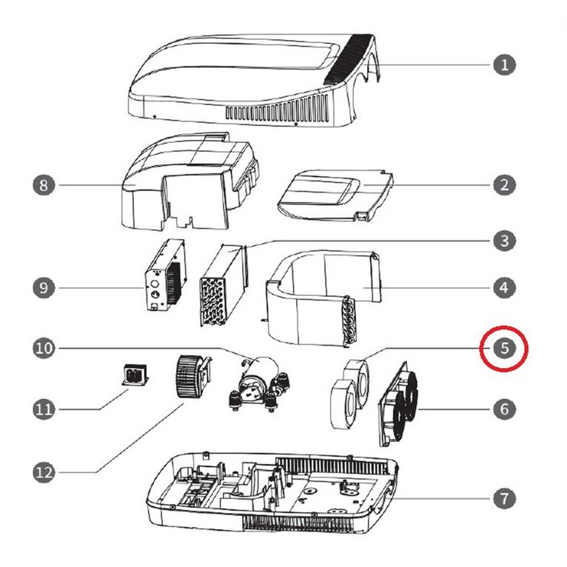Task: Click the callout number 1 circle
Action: click(x=504, y=65)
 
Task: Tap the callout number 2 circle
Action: click(x=504, y=185)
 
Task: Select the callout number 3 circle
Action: click(x=504, y=241)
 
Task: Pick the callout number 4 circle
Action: click(x=504, y=288)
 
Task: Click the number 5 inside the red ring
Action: click(x=504, y=348)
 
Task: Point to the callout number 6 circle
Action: click(x=504, y=409)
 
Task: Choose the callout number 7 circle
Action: click(x=504, y=499)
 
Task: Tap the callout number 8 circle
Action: click(x=44, y=185)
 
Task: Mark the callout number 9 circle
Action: click(x=44, y=288)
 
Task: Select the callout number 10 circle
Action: click(x=44, y=348)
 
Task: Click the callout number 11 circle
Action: click(x=44, y=409)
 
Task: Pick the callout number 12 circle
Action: click(x=44, y=472)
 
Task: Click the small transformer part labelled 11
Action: click(x=135, y=375)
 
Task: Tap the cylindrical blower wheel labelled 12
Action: click(x=192, y=377)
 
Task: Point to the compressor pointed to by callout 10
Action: click(x=260, y=383)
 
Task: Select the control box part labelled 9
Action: click(x=165, y=275)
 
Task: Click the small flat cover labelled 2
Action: click(x=335, y=195)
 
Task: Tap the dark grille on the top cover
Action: click(x=349, y=59)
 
